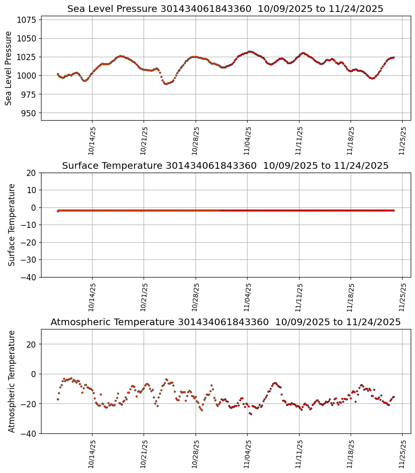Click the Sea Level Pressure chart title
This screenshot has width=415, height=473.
(225, 9)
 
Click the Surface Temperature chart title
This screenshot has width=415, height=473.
(225, 165)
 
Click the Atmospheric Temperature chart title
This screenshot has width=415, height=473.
(225, 322)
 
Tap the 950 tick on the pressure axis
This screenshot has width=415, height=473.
(29, 113)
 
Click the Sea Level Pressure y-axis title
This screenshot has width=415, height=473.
(9, 68)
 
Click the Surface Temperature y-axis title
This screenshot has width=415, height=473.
(12, 225)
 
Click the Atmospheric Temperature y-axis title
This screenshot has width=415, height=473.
(12, 381)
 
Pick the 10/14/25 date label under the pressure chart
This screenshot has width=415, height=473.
(92, 140)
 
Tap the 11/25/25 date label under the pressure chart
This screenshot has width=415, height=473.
(402, 140)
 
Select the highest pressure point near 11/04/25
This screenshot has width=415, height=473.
(250, 51)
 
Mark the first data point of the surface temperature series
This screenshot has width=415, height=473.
(58, 211)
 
